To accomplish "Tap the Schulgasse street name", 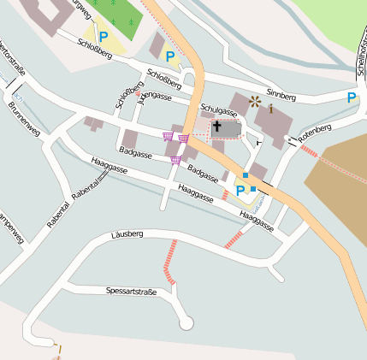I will [x=218, y=110].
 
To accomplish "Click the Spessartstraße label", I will [x=131, y=292].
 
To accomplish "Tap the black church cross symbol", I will [x=217, y=127].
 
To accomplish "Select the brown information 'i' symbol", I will [x=272, y=109].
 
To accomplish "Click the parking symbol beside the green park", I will [x=104, y=37].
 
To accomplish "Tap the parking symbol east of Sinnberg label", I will [x=352, y=98].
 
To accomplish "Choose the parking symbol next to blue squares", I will [x=240, y=190].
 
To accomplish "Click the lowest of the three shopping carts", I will [x=176, y=159].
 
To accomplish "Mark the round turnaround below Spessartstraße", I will [x=186, y=323].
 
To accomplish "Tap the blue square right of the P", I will [x=253, y=188].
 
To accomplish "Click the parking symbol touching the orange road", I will [x=170, y=57].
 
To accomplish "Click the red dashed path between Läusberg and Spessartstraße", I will [x=172, y=263].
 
